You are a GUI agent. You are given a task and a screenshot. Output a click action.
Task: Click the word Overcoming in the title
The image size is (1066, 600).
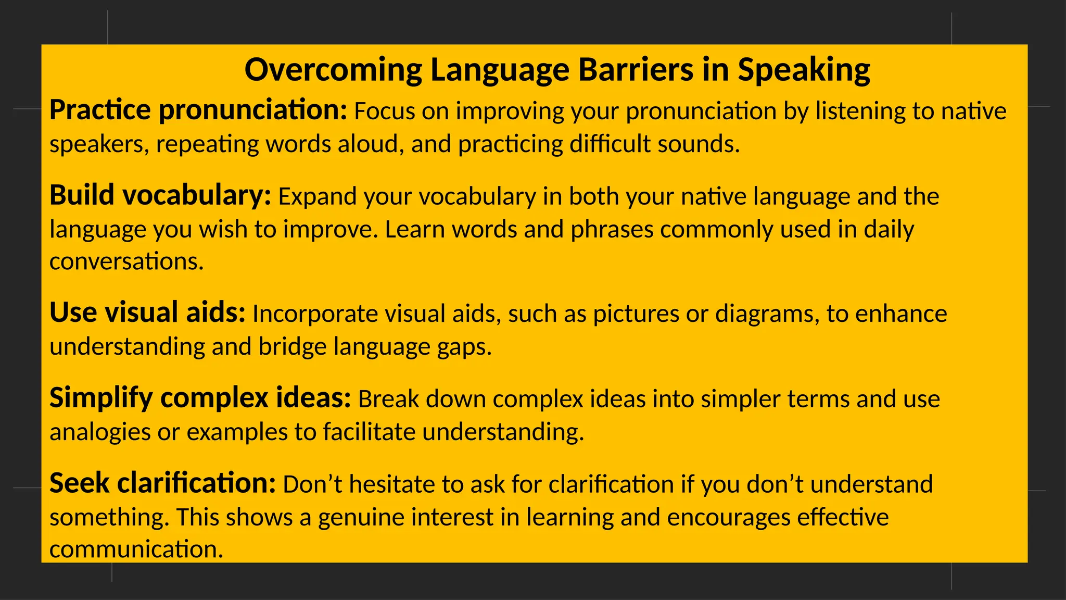[x=333, y=70]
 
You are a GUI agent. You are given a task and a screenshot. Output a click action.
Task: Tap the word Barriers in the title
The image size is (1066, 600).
[x=636, y=70]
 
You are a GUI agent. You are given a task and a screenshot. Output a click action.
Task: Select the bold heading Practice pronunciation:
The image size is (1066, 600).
[x=198, y=111]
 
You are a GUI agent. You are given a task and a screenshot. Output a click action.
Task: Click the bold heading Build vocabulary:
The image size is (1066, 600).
[x=160, y=196]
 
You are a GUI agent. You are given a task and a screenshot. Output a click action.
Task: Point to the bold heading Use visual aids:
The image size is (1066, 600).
[x=147, y=313]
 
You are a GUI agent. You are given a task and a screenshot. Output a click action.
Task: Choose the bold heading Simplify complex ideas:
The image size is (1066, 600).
[x=200, y=398]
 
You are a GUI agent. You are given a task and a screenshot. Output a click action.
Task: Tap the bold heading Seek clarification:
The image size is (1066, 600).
[x=162, y=483]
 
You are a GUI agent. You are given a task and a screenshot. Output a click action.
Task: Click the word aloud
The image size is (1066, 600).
[x=371, y=144]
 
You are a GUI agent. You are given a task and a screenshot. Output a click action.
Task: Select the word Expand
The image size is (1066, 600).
[x=318, y=197]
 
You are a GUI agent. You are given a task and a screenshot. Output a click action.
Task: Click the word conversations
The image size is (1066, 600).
[x=126, y=261]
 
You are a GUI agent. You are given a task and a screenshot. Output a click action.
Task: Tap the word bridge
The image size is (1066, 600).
[x=293, y=347]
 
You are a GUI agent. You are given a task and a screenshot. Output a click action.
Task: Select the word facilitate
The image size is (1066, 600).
[x=369, y=432]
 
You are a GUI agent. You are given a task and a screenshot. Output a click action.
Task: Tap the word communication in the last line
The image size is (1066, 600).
[x=136, y=549]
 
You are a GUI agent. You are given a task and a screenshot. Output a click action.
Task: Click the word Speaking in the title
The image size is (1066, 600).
[x=804, y=70]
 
